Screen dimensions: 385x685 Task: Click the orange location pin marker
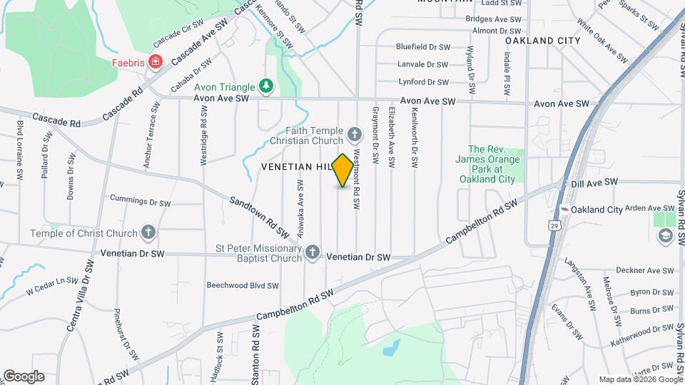(343, 170)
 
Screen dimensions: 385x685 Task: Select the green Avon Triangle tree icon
(266, 86)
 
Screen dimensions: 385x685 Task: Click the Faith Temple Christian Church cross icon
(353, 135)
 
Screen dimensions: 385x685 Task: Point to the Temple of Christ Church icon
(148, 232)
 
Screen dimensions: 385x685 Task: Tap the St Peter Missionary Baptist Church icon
(312, 252)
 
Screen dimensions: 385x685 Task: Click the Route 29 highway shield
(554, 225)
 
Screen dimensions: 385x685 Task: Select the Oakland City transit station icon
(564, 210)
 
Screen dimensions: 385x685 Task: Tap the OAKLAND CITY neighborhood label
(542, 41)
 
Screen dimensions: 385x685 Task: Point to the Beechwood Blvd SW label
(242, 285)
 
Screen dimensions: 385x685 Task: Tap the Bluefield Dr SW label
(423, 47)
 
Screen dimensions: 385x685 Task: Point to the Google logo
(24, 376)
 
